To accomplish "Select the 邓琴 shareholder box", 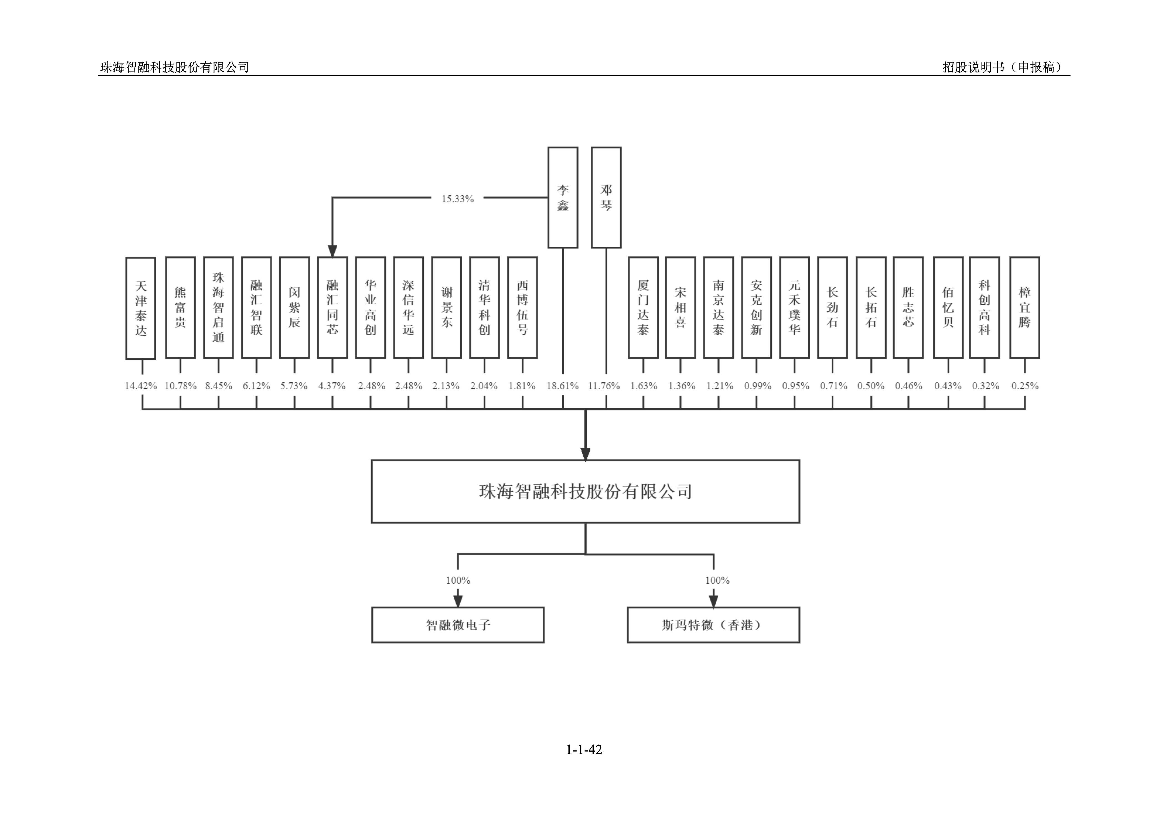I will [606, 197].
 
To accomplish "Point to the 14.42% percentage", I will [141, 386].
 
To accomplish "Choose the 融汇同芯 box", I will [332, 308].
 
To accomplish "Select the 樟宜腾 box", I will [1025, 308].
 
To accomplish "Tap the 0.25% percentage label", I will [1025, 386].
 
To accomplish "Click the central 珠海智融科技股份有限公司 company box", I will [585, 492].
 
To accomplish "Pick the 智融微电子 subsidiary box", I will [458, 625].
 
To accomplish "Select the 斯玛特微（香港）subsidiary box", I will [713, 625].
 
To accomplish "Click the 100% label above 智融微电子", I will [458, 580].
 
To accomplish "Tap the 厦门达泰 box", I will [643, 308].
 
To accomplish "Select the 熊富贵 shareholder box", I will [180, 308].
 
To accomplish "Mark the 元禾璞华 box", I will [794, 308].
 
